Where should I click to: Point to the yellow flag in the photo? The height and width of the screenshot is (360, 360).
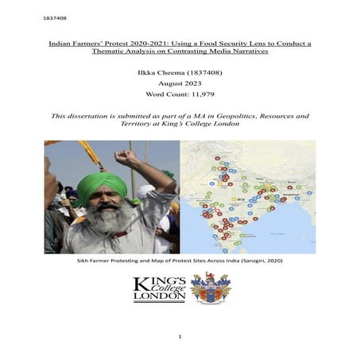90,153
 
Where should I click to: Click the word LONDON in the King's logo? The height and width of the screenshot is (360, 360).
160,296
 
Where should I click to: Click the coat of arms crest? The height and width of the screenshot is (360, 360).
210,288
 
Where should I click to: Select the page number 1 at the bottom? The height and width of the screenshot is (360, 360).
180,336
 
